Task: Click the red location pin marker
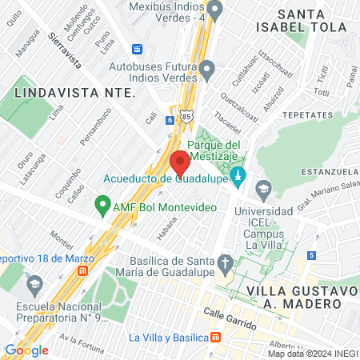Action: [179, 162]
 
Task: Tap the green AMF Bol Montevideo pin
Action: [102, 205]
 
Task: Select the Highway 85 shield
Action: [186, 117]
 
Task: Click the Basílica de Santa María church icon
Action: [226, 262]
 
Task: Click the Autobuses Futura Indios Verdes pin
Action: [208, 70]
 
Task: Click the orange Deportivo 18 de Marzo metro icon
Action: [82, 270]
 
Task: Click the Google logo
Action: [26, 350]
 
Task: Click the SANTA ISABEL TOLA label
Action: [312, 20]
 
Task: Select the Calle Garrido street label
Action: [229, 320]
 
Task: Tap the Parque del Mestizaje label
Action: [230, 150]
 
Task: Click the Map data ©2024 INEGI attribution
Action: [312, 354]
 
